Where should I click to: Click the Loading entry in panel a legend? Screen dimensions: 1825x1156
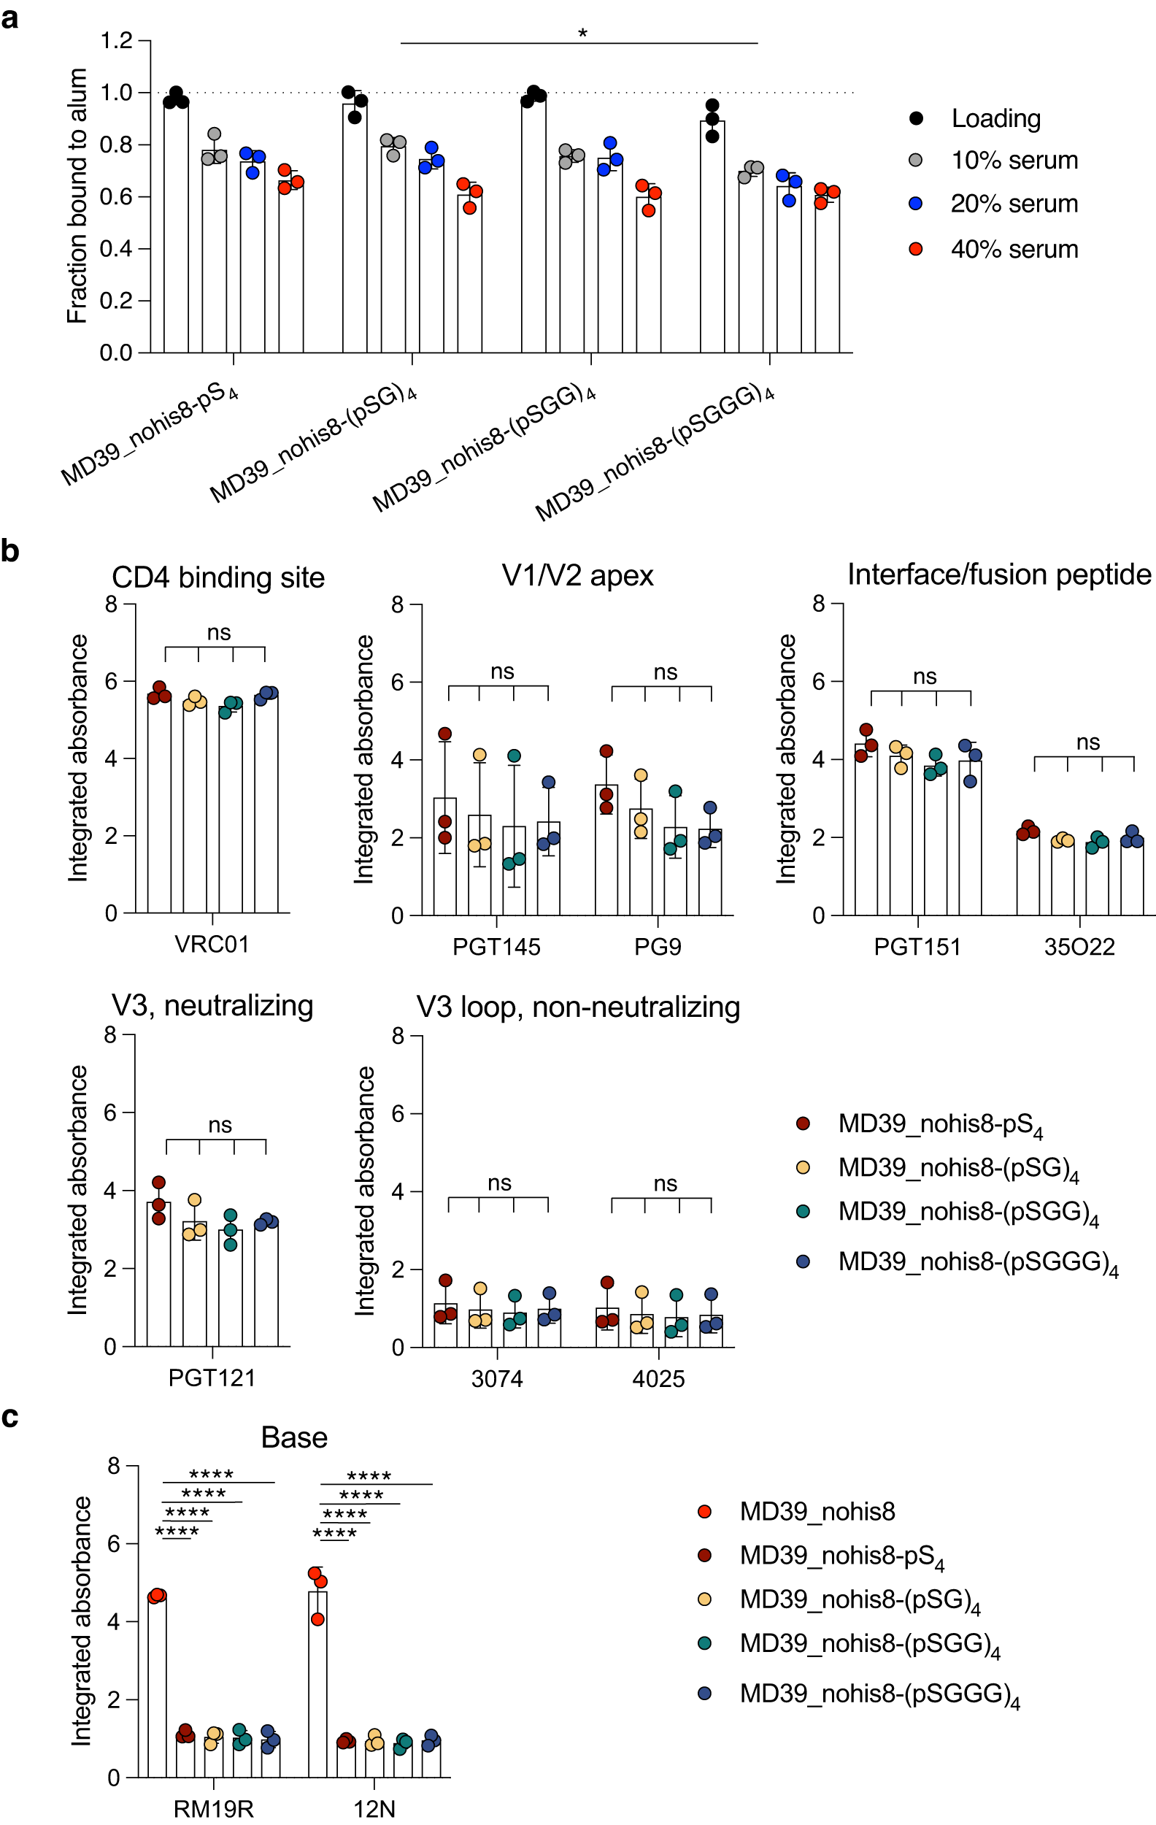click(x=995, y=118)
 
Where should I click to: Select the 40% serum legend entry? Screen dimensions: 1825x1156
click(x=1014, y=250)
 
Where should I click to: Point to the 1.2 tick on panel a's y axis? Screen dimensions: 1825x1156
click(x=116, y=40)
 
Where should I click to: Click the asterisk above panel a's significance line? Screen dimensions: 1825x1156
click(x=582, y=34)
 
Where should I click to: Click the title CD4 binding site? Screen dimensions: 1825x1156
click(x=218, y=577)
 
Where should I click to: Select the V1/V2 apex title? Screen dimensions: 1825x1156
click(x=577, y=576)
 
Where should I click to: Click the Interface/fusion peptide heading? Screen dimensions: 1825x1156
click(x=998, y=575)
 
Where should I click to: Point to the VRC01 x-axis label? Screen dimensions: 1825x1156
click(x=212, y=945)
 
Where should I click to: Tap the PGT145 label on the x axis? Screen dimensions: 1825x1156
click(x=496, y=947)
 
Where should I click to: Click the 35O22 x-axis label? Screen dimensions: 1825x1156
click(x=1079, y=947)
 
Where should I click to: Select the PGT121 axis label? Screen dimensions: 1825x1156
click(x=212, y=1377)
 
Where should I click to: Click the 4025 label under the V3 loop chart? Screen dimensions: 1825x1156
click(x=658, y=1378)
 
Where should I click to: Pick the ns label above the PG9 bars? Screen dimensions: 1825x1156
click(x=664, y=672)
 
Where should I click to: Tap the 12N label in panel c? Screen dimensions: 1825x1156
click(x=374, y=1809)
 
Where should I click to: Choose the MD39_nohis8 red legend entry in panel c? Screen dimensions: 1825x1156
click(x=817, y=1512)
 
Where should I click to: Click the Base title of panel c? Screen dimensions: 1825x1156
click(x=294, y=1437)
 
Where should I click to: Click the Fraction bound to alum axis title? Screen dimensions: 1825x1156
click(x=77, y=196)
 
